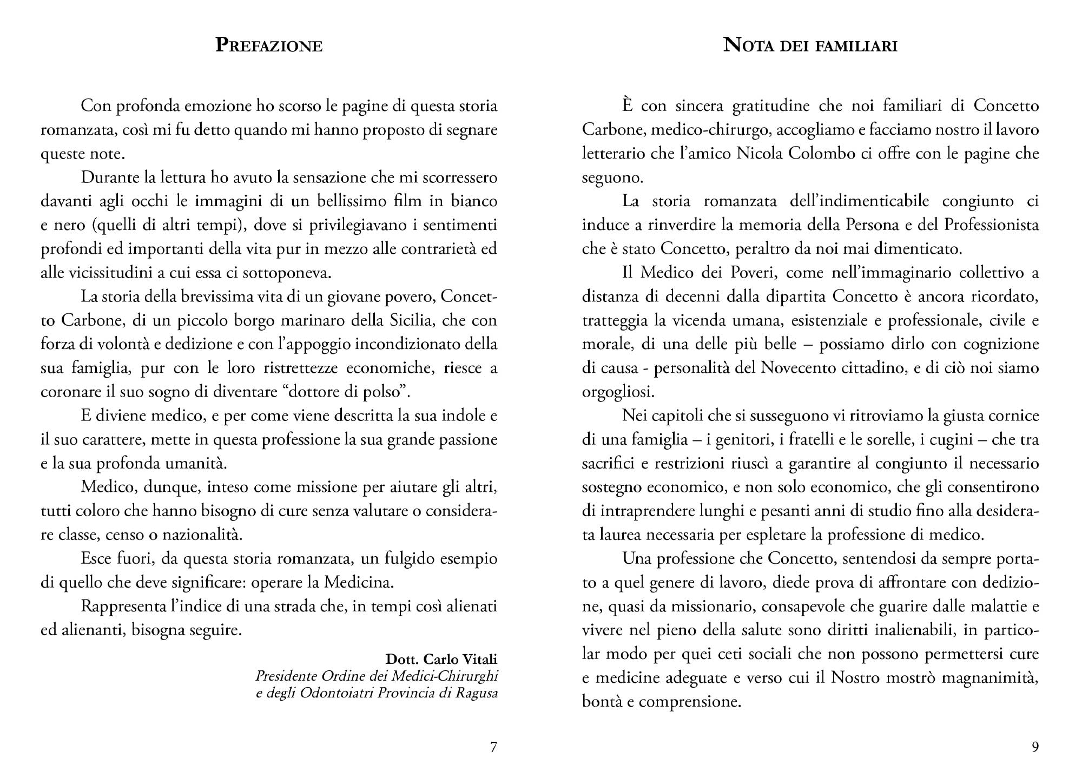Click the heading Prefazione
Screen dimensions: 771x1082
point(269,45)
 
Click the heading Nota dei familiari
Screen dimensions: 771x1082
point(810,45)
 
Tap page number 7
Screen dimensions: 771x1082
point(493,747)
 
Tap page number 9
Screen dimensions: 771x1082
point(1035,747)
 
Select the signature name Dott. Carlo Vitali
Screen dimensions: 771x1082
point(441,660)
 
